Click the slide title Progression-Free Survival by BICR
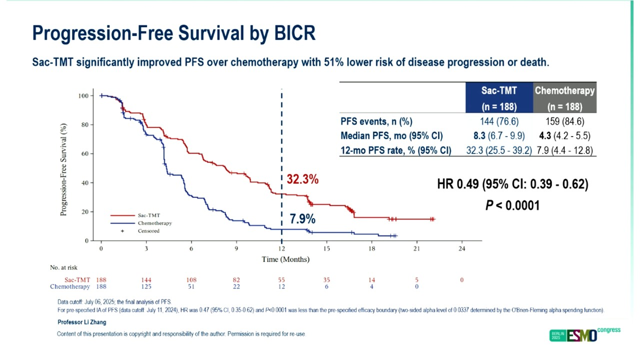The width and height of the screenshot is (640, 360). point(173,33)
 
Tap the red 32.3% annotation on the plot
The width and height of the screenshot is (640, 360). point(302,179)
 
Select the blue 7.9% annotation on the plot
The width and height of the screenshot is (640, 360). point(302,218)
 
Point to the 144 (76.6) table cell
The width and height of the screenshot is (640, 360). point(498,121)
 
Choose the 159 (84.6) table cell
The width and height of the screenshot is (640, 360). point(565,121)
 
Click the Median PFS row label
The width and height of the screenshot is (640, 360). point(391,136)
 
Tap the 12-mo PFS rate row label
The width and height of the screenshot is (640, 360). point(395,150)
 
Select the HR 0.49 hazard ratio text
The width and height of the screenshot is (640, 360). point(512,184)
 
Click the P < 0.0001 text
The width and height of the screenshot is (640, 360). point(512,205)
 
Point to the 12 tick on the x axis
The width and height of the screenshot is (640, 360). point(281,248)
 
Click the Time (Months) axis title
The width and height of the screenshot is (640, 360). point(285,259)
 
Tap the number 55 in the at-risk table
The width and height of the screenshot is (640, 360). point(281,280)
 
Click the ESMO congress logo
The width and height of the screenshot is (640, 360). point(584,334)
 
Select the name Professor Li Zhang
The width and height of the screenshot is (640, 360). point(81,322)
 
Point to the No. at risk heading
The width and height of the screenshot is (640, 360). point(63,268)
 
